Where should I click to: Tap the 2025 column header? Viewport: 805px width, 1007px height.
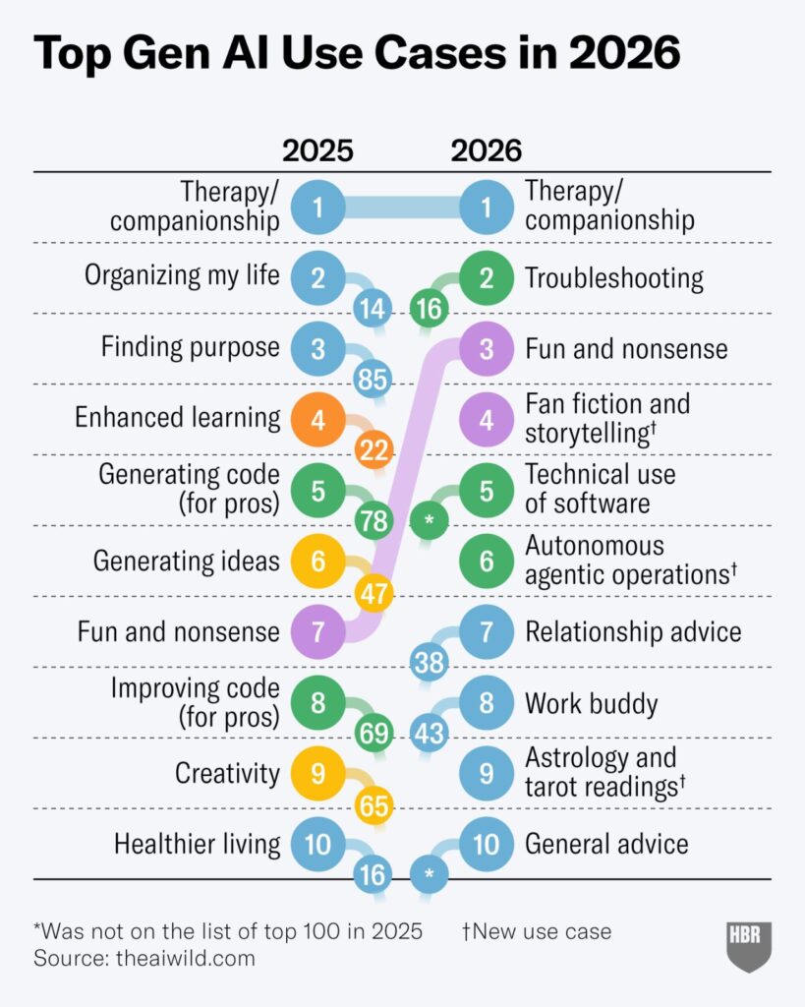point(317,150)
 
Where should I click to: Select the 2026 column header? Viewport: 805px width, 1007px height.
point(486,150)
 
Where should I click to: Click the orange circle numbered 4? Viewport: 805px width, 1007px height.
point(317,420)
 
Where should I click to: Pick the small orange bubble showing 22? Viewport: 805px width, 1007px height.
point(374,450)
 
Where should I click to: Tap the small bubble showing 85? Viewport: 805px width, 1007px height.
point(373,380)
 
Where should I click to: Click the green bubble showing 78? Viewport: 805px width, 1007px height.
point(374,521)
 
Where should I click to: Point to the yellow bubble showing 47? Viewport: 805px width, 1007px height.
point(374,594)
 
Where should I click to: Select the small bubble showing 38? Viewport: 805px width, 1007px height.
point(430,662)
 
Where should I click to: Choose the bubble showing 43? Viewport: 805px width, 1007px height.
point(430,733)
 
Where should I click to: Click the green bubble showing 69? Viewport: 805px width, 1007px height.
point(374,733)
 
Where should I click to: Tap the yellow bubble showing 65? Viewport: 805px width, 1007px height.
point(374,804)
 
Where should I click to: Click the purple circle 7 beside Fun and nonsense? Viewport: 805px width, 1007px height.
point(317,632)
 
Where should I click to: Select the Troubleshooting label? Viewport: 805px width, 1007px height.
point(614,278)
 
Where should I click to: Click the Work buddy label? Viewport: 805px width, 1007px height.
point(592,704)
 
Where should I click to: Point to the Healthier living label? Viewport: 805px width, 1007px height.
point(198,845)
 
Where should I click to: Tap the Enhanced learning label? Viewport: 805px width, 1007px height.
point(178,417)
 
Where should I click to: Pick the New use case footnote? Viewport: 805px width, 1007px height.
point(537,931)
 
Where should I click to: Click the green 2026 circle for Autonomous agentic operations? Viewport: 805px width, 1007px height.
point(486,562)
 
